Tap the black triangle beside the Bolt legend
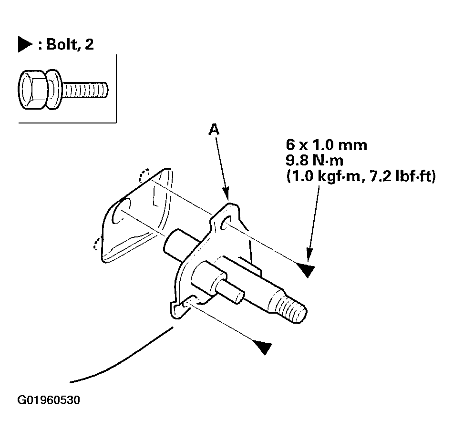[x=25, y=44]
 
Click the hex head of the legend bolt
[x=32, y=89]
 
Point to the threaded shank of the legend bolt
[x=85, y=89]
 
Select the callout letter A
[x=214, y=130]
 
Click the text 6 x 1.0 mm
[x=327, y=145]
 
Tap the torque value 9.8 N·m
[x=315, y=160]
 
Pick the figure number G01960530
[x=49, y=400]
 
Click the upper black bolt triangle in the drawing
[x=306, y=270]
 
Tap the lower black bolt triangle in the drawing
[x=263, y=347]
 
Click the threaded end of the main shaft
[x=291, y=309]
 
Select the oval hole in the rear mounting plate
[x=121, y=211]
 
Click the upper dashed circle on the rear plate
[x=144, y=175]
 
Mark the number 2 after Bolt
[x=89, y=44]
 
